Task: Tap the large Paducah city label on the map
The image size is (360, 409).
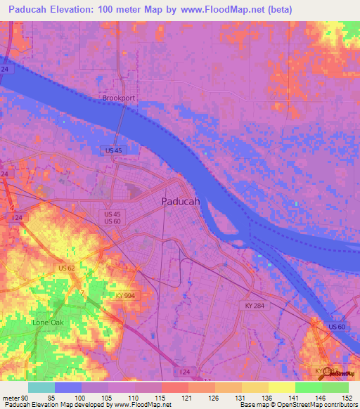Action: coord(181,201)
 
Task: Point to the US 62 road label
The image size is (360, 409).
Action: coord(67,268)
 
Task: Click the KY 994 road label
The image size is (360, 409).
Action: coord(124,296)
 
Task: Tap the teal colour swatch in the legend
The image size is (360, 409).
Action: coord(41,387)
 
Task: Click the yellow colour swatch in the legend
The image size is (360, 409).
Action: coord(281,387)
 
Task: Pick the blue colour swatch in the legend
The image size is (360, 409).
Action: coord(68,387)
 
